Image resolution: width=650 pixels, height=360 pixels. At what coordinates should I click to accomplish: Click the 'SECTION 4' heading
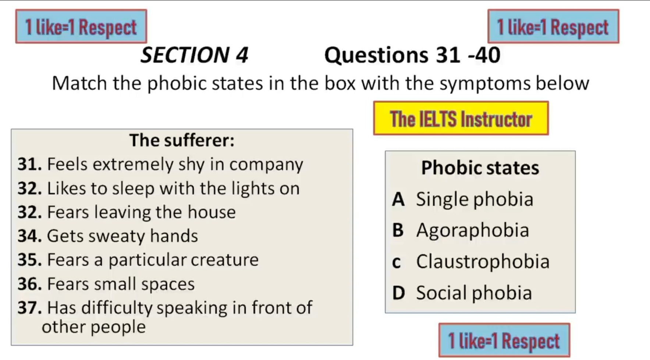coord(195,55)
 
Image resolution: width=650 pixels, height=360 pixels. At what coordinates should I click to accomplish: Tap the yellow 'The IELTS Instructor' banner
coord(461,118)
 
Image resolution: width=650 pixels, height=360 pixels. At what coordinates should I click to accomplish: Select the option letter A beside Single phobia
coord(398,200)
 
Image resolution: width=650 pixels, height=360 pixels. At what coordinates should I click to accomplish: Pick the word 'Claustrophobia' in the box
coord(483,262)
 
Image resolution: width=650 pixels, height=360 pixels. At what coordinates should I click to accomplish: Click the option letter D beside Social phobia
coord(399,293)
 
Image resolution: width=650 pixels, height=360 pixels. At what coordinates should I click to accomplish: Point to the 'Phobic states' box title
coord(480,168)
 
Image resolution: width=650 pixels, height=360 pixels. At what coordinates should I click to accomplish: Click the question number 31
coord(30,164)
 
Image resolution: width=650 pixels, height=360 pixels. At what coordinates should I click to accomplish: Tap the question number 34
coord(30,236)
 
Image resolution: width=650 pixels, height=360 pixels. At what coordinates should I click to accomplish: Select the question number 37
coord(30,307)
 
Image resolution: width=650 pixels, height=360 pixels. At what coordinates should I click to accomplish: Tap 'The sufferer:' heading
coord(182,140)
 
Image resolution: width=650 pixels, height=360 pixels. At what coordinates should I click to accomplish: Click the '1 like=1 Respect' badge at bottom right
coord(504,340)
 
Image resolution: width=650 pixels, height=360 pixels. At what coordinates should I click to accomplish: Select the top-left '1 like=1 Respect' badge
coord(81,26)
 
